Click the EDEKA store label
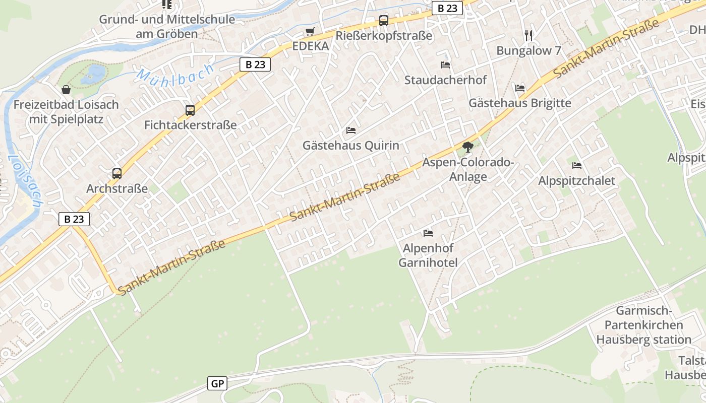tap(310, 46)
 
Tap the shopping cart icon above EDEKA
tap(310, 32)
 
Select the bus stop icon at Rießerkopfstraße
tap(384, 21)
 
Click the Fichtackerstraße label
tap(190, 125)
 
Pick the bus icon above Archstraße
tap(117, 174)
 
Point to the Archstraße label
tap(117, 189)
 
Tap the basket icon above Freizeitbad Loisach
tap(66, 90)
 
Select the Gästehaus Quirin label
tap(350, 146)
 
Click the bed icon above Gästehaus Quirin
tap(351, 130)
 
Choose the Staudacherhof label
tap(445, 80)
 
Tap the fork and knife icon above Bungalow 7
tap(528, 35)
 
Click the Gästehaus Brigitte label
tap(520, 103)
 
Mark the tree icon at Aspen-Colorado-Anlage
tap(468, 147)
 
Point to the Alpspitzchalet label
tap(577, 181)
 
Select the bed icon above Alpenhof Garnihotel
tap(428, 233)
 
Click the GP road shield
tap(217, 384)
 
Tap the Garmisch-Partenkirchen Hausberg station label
tap(643, 325)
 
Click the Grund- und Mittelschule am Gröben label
tap(167, 27)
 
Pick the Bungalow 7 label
tap(528, 51)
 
